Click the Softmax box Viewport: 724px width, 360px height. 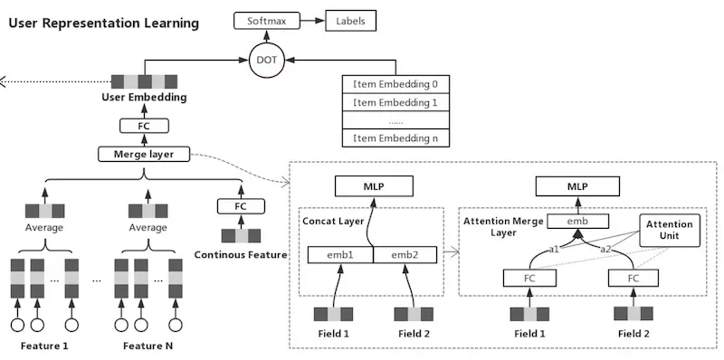[267, 21]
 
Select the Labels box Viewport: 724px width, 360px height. [350, 21]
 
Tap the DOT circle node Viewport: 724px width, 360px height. [266, 60]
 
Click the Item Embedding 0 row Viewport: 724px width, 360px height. [395, 84]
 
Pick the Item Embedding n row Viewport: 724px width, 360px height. [395, 138]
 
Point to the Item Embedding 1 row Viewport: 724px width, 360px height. [395, 102]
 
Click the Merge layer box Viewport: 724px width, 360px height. [144, 154]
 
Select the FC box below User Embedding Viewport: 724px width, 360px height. [144, 126]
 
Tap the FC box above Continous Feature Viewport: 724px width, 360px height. [241, 206]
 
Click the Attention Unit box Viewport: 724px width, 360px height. [670, 230]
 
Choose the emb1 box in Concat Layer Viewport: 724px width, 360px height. [340, 255]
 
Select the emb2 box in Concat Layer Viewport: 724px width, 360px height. [405, 255]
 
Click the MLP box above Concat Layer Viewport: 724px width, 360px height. [374, 186]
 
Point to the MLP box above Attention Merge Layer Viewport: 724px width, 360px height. [577, 186]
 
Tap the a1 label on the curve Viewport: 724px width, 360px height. [554, 250]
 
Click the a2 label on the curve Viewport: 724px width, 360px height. [605, 250]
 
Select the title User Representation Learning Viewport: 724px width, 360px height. [104, 24]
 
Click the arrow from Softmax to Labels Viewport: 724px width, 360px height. [312, 21]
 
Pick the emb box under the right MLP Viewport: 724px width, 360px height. [577, 221]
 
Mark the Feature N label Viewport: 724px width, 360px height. [148, 346]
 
